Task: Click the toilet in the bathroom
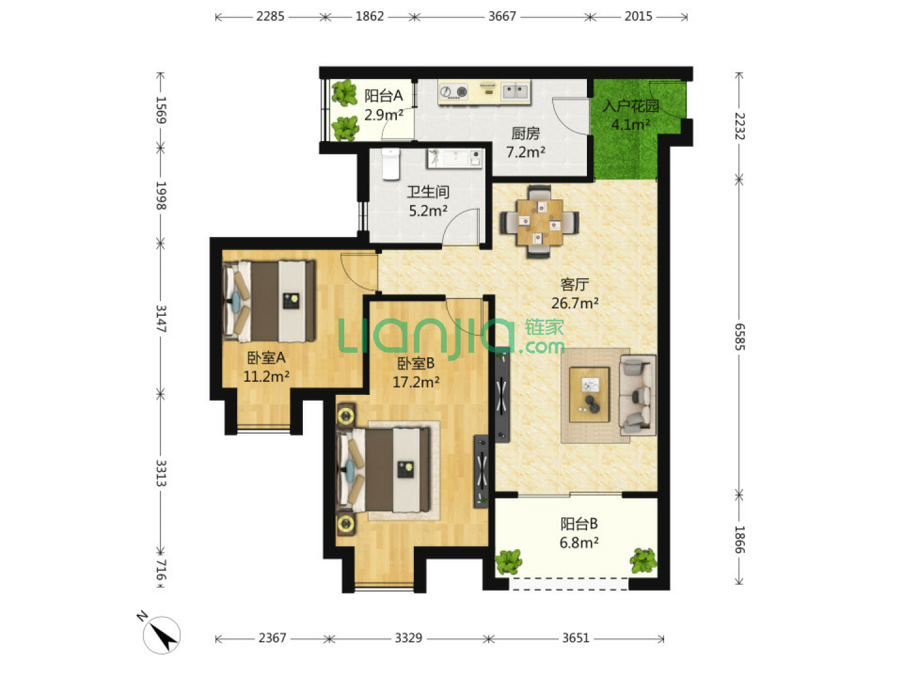click(390, 164)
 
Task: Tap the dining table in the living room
click(539, 223)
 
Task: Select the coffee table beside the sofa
click(588, 394)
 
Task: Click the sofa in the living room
click(637, 395)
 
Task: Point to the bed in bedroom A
click(269, 302)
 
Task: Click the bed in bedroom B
click(383, 470)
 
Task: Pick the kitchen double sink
click(515, 92)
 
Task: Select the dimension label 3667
click(502, 16)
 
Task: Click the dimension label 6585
click(740, 337)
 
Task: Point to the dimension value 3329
click(408, 638)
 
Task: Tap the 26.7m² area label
click(574, 303)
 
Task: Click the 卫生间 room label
click(428, 192)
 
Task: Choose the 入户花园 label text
click(631, 106)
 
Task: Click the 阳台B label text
click(579, 523)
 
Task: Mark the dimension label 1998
click(161, 196)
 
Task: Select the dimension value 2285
click(270, 16)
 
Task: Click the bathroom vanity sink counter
click(454, 158)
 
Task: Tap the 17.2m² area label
click(416, 382)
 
